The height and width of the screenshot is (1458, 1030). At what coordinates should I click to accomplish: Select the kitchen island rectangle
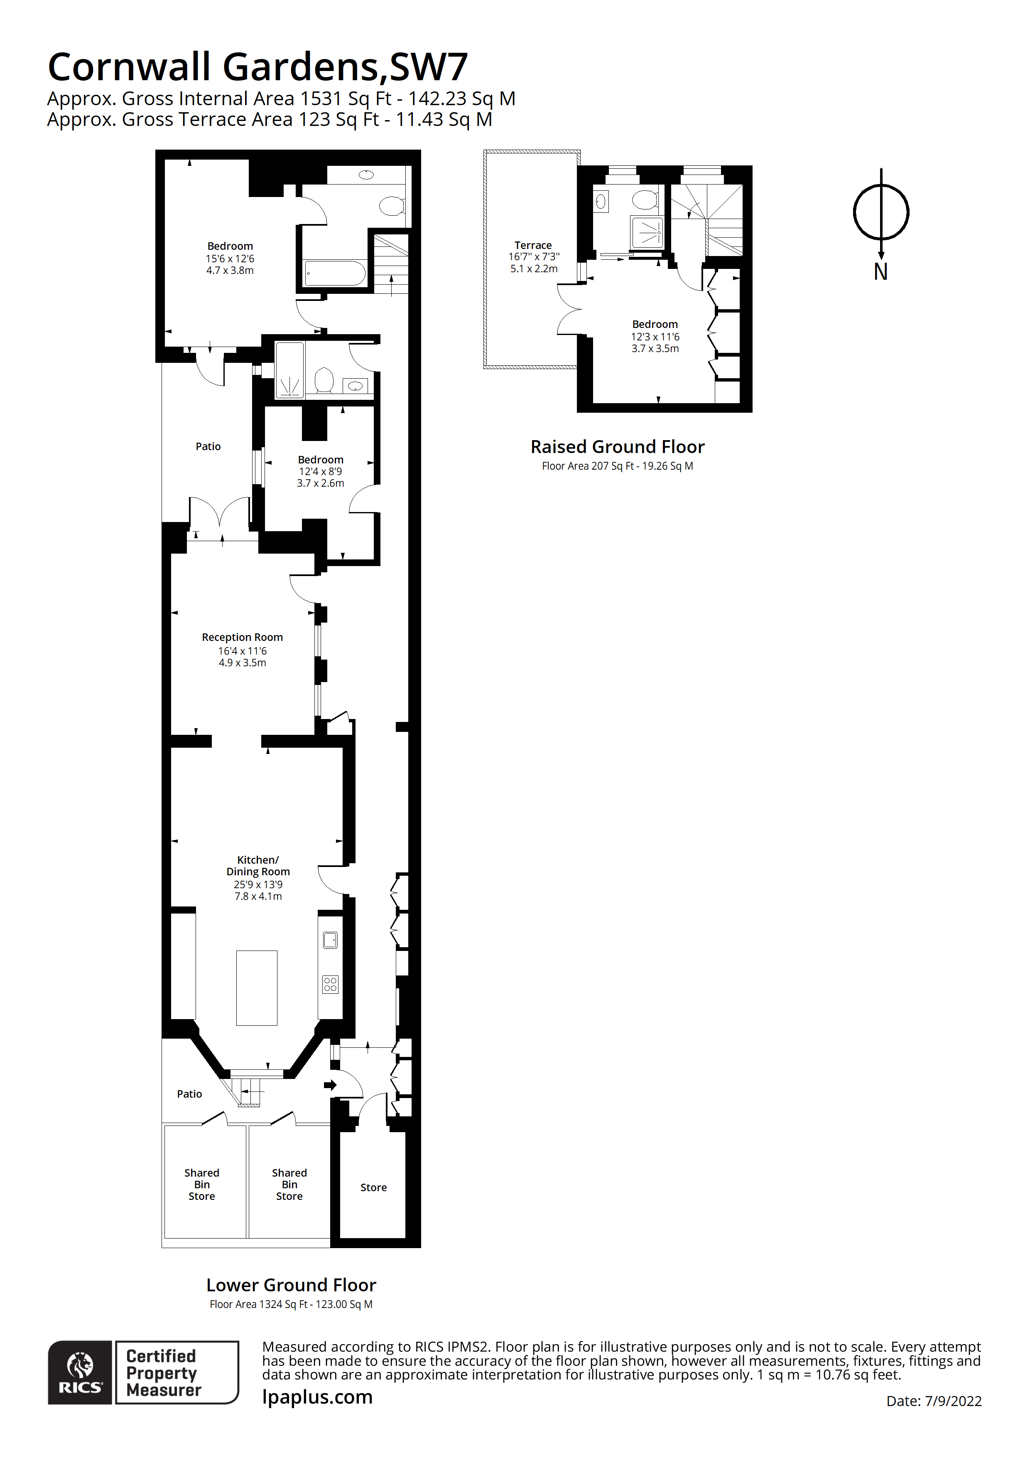pyautogui.click(x=256, y=988)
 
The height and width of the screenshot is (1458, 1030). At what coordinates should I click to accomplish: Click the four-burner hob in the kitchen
pyautogui.click(x=330, y=984)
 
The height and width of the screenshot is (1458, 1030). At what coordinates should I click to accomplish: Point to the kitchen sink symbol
pyautogui.click(x=330, y=940)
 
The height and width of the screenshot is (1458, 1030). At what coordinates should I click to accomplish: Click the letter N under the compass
pyautogui.click(x=880, y=272)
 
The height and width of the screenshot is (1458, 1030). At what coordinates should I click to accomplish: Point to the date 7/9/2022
pyautogui.click(x=953, y=1401)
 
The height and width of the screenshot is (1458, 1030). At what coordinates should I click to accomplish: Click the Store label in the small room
pyautogui.click(x=373, y=1187)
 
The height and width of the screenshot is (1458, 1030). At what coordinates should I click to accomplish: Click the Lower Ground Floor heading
pyautogui.click(x=291, y=1285)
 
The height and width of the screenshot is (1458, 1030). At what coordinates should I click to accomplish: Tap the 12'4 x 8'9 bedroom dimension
pyautogui.click(x=321, y=471)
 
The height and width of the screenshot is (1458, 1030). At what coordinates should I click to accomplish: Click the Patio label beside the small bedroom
pyautogui.click(x=208, y=446)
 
